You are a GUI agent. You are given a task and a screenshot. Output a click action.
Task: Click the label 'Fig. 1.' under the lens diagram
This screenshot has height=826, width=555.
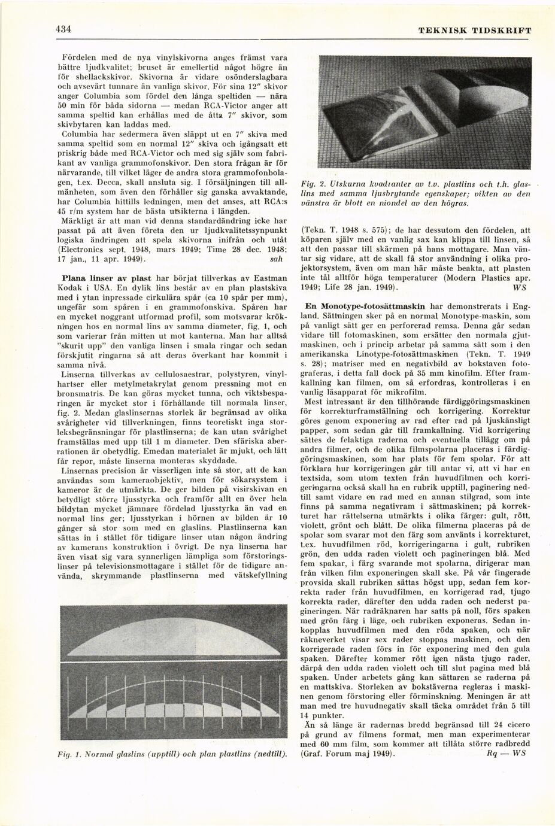75,754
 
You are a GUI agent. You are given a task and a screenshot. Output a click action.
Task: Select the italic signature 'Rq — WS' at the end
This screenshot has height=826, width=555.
507,754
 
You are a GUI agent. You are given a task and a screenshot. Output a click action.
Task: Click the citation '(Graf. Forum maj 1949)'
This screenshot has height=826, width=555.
350,754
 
